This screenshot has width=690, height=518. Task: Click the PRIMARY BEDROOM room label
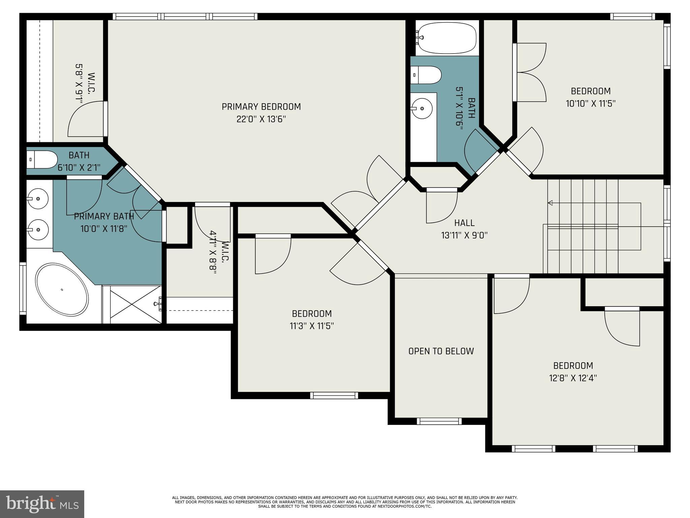[261, 107]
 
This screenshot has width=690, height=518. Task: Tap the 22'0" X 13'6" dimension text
[261, 119]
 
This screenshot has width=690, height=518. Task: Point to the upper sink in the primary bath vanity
[38, 199]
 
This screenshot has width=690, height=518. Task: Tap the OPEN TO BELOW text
[441, 351]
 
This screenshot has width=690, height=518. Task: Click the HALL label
[464, 223]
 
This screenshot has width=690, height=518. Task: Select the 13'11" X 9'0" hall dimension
[464, 235]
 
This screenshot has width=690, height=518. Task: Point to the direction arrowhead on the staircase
[550, 203]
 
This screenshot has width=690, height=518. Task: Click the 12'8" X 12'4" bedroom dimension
[573, 378]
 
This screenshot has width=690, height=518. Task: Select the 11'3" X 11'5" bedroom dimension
[312, 326]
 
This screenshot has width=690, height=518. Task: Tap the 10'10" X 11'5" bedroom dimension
[591, 104]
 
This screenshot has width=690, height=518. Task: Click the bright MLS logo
[42, 504]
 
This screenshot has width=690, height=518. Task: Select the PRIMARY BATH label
[104, 216]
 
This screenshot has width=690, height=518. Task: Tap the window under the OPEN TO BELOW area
[439, 421]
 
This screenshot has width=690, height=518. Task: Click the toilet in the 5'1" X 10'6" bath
[426, 75]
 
